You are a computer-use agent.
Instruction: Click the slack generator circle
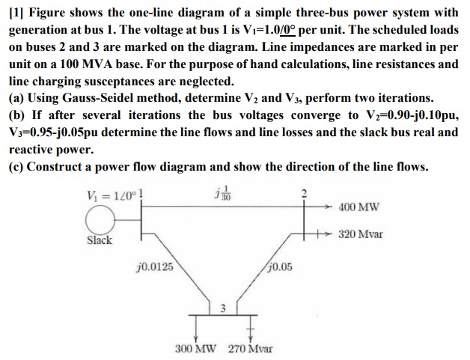pos(103,219)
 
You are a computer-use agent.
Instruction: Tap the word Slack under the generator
pos(99,240)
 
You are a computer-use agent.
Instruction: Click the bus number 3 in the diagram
pos(222,308)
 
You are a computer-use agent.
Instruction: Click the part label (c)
pos(16,165)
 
